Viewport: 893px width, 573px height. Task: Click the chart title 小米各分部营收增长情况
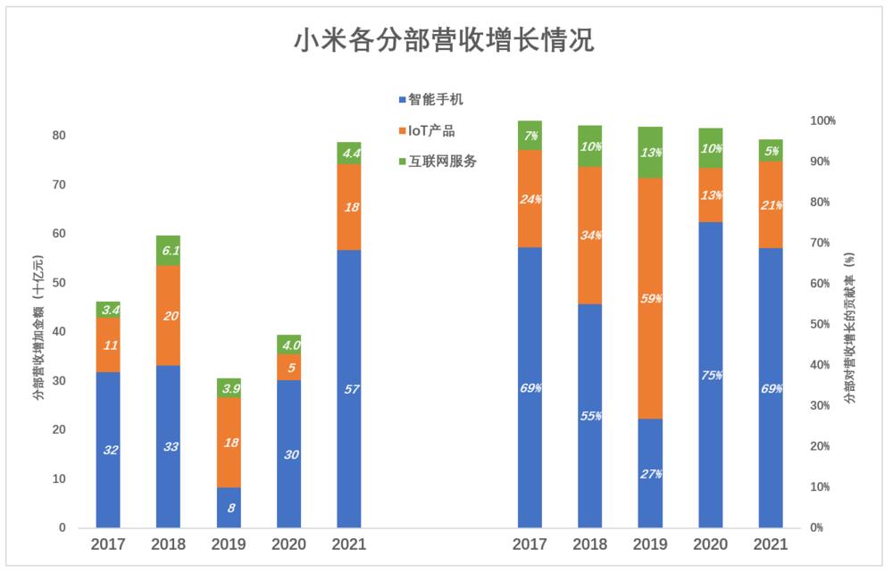(x=444, y=41)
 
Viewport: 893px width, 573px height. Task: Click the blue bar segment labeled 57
(x=349, y=389)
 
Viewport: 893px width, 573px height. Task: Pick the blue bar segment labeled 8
(x=229, y=508)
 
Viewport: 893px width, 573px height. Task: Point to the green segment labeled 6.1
(x=169, y=251)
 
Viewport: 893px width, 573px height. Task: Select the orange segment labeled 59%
(x=651, y=298)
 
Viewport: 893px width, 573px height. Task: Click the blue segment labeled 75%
(x=711, y=375)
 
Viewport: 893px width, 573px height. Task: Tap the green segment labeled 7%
(x=530, y=136)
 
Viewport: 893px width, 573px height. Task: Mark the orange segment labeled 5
(x=288, y=367)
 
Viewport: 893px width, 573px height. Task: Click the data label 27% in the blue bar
(x=651, y=474)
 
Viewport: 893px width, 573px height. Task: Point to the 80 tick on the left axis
(x=59, y=136)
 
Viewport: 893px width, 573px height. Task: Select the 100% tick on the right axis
(x=822, y=120)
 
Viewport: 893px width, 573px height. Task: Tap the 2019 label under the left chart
(x=229, y=544)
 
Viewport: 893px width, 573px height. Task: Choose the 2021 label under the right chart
(x=771, y=544)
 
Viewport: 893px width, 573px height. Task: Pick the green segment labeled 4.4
(x=349, y=153)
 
